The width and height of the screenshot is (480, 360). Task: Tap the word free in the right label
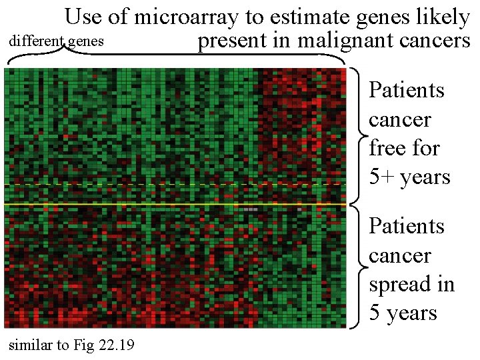(x=385, y=148)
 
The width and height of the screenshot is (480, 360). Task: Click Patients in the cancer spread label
(x=406, y=227)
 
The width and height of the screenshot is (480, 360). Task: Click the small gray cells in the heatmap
(x=250, y=209)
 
